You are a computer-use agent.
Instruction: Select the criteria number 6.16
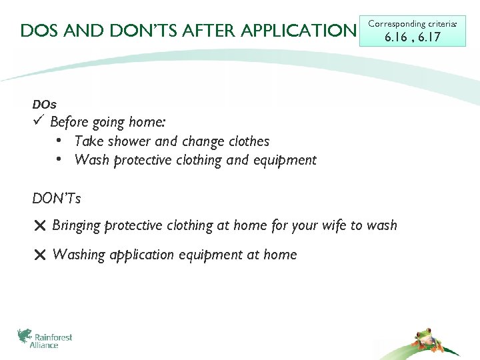coord(395,37)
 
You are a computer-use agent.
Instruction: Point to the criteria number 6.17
coord(427,37)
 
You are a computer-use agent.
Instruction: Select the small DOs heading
coord(44,105)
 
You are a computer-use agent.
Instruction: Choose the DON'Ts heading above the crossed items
coord(57,198)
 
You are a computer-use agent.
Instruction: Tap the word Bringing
coord(76,226)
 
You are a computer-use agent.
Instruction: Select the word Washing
coord(79,255)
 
